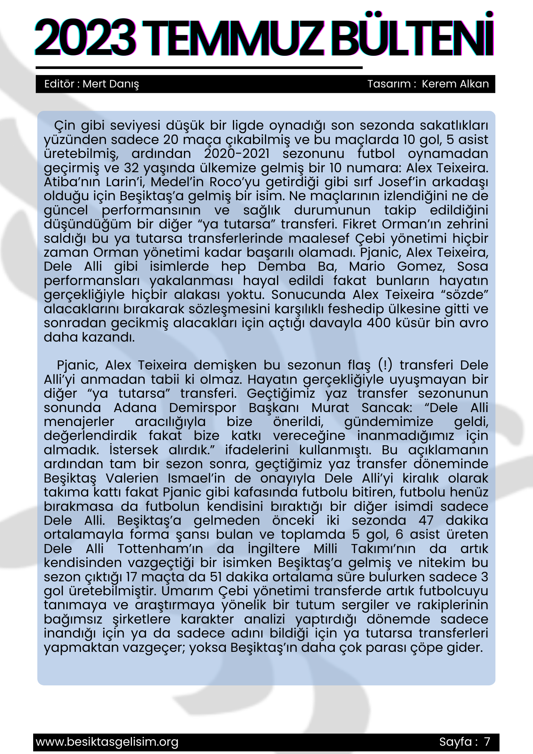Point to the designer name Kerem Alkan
(x=455, y=84)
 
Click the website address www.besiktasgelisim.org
(x=107, y=742)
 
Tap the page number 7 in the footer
(x=487, y=742)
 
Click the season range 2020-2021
(x=237, y=153)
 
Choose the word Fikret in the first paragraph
(x=360, y=224)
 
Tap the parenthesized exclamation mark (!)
(x=385, y=365)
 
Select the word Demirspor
(x=202, y=408)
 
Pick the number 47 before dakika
(x=426, y=520)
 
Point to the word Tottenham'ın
(x=160, y=549)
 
